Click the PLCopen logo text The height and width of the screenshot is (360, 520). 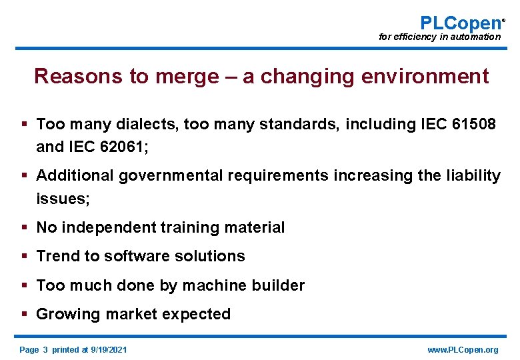pos(460,23)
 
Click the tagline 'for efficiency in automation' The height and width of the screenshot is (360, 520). pos(439,37)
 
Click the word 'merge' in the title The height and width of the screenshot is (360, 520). pos(186,77)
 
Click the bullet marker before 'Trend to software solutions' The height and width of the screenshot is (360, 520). pos(24,256)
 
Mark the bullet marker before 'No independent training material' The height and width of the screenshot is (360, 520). pos(24,227)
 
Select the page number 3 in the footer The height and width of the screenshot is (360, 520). pos(45,350)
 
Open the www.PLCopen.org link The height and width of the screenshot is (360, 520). pos(463,350)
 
